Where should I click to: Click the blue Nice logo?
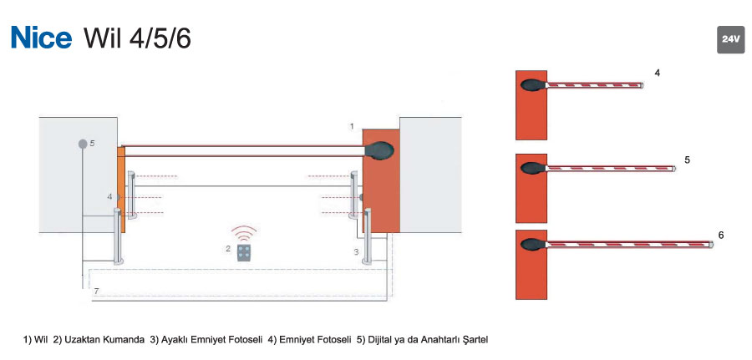(x=41, y=38)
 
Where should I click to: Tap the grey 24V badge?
(x=731, y=39)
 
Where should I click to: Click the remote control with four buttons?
(x=244, y=252)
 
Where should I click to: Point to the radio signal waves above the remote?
(x=244, y=233)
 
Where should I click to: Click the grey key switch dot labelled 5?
(x=83, y=144)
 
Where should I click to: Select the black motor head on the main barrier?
(x=379, y=150)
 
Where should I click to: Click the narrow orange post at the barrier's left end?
(x=121, y=190)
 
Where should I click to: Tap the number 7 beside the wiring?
(x=96, y=291)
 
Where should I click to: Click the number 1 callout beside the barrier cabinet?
(x=352, y=126)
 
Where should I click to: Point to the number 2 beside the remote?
(x=228, y=248)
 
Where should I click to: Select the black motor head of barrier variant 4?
(x=533, y=85)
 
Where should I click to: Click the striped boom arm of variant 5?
(x=611, y=169)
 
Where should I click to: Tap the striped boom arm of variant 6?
(x=629, y=245)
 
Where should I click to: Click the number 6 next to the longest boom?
(x=721, y=235)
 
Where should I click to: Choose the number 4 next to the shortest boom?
(x=657, y=74)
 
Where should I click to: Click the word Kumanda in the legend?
(x=127, y=340)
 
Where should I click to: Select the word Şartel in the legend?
(x=476, y=340)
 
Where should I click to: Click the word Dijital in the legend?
(x=380, y=340)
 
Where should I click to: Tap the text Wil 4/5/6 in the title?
(x=137, y=38)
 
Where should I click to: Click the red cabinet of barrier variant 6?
(x=531, y=265)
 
